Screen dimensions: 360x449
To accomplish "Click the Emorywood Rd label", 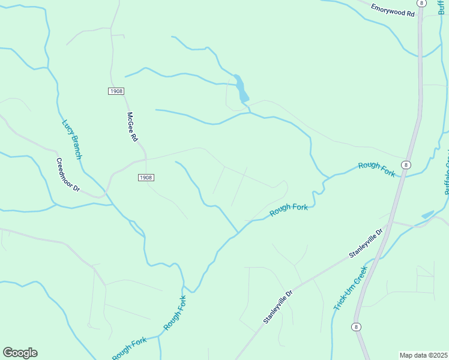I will (393, 10).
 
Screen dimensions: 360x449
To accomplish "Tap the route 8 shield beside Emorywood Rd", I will (423, 3).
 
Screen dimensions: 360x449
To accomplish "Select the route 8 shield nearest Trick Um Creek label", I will (357, 326).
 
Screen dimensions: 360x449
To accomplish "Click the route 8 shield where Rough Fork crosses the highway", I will (407, 164).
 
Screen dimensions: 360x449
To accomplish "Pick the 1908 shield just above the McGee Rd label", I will (116, 91).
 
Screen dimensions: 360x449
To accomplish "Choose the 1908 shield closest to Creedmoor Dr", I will (146, 178).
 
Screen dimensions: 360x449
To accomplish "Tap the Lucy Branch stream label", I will (72, 139).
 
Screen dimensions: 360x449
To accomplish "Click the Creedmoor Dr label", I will (68, 175).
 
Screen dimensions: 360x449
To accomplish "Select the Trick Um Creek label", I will (351, 289).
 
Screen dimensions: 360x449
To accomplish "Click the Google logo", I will (20, 353).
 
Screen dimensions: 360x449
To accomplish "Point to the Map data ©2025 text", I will (424, 355).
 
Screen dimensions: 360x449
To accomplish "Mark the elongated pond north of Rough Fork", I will (241, 89).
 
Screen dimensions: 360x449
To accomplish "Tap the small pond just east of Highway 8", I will (427, 214).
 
